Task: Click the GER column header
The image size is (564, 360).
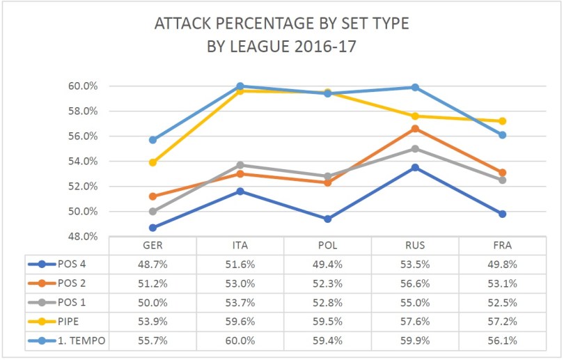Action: click(152, 246)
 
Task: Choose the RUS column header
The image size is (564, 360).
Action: click(414, 246)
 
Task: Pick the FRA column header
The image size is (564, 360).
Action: click(502, 246)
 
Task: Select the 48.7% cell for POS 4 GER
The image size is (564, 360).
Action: click(152, 264)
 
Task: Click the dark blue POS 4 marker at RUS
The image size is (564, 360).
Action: click(415, 168)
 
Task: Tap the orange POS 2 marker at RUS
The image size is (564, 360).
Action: click(415, 129)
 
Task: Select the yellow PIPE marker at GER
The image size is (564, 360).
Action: click(152, 162)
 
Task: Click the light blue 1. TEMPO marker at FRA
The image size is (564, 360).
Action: click(502, 135)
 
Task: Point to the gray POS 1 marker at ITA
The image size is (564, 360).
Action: click(240, 165)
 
